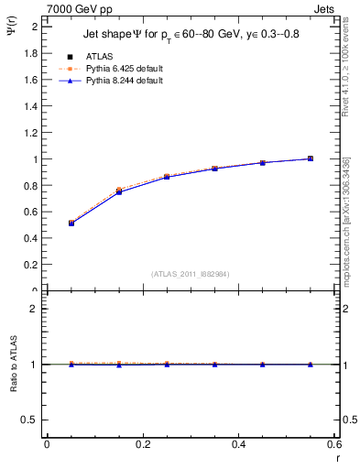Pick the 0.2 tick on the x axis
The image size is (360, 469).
coord(143,444)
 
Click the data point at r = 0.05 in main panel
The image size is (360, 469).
coord(71,223)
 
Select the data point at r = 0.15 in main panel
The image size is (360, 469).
coord(119,191)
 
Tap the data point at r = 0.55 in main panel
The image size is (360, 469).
coord(311,158)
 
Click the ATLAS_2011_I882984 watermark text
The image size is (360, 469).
coord(191,274)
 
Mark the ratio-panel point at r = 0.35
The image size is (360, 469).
coord(214,365)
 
